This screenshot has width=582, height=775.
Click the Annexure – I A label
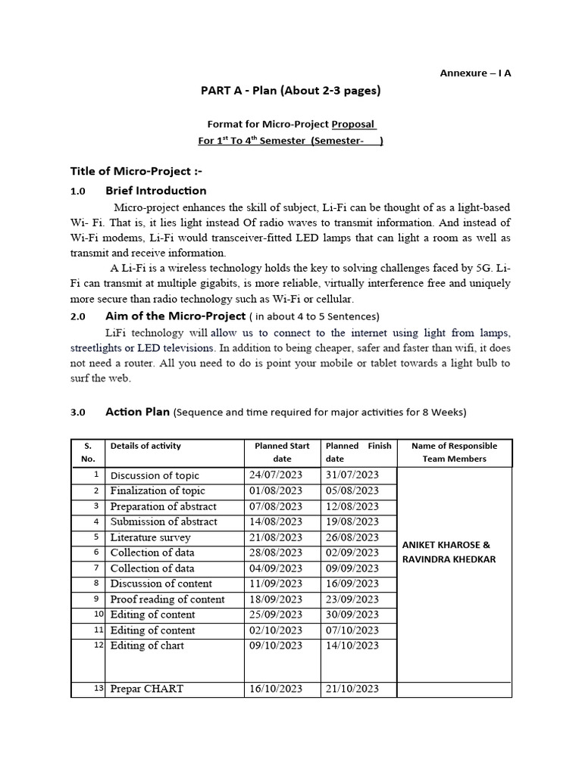click(475, 73)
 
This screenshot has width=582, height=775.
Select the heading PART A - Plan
click(290, 92)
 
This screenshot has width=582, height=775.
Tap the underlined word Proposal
click(354, 124)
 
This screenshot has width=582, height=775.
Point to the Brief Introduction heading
click(155, 191)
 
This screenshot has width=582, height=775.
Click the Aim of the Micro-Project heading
click(175, 316)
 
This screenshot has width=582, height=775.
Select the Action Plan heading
click(139, 412)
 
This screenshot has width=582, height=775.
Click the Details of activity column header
click(145, 446)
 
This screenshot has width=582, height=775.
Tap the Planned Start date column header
click(282, 452)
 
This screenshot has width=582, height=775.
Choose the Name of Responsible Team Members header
click(454, 452)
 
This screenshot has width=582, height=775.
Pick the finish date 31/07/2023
click(352, 475)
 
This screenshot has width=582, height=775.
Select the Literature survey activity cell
click(150, 537)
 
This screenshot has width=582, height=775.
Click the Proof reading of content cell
click(167, 599)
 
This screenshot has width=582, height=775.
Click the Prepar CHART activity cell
click(146, 689)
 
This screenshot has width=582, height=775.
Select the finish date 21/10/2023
click(352, 689)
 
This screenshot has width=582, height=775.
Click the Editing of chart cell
click(147, 646)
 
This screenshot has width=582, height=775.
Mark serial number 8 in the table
click(96, 583)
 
